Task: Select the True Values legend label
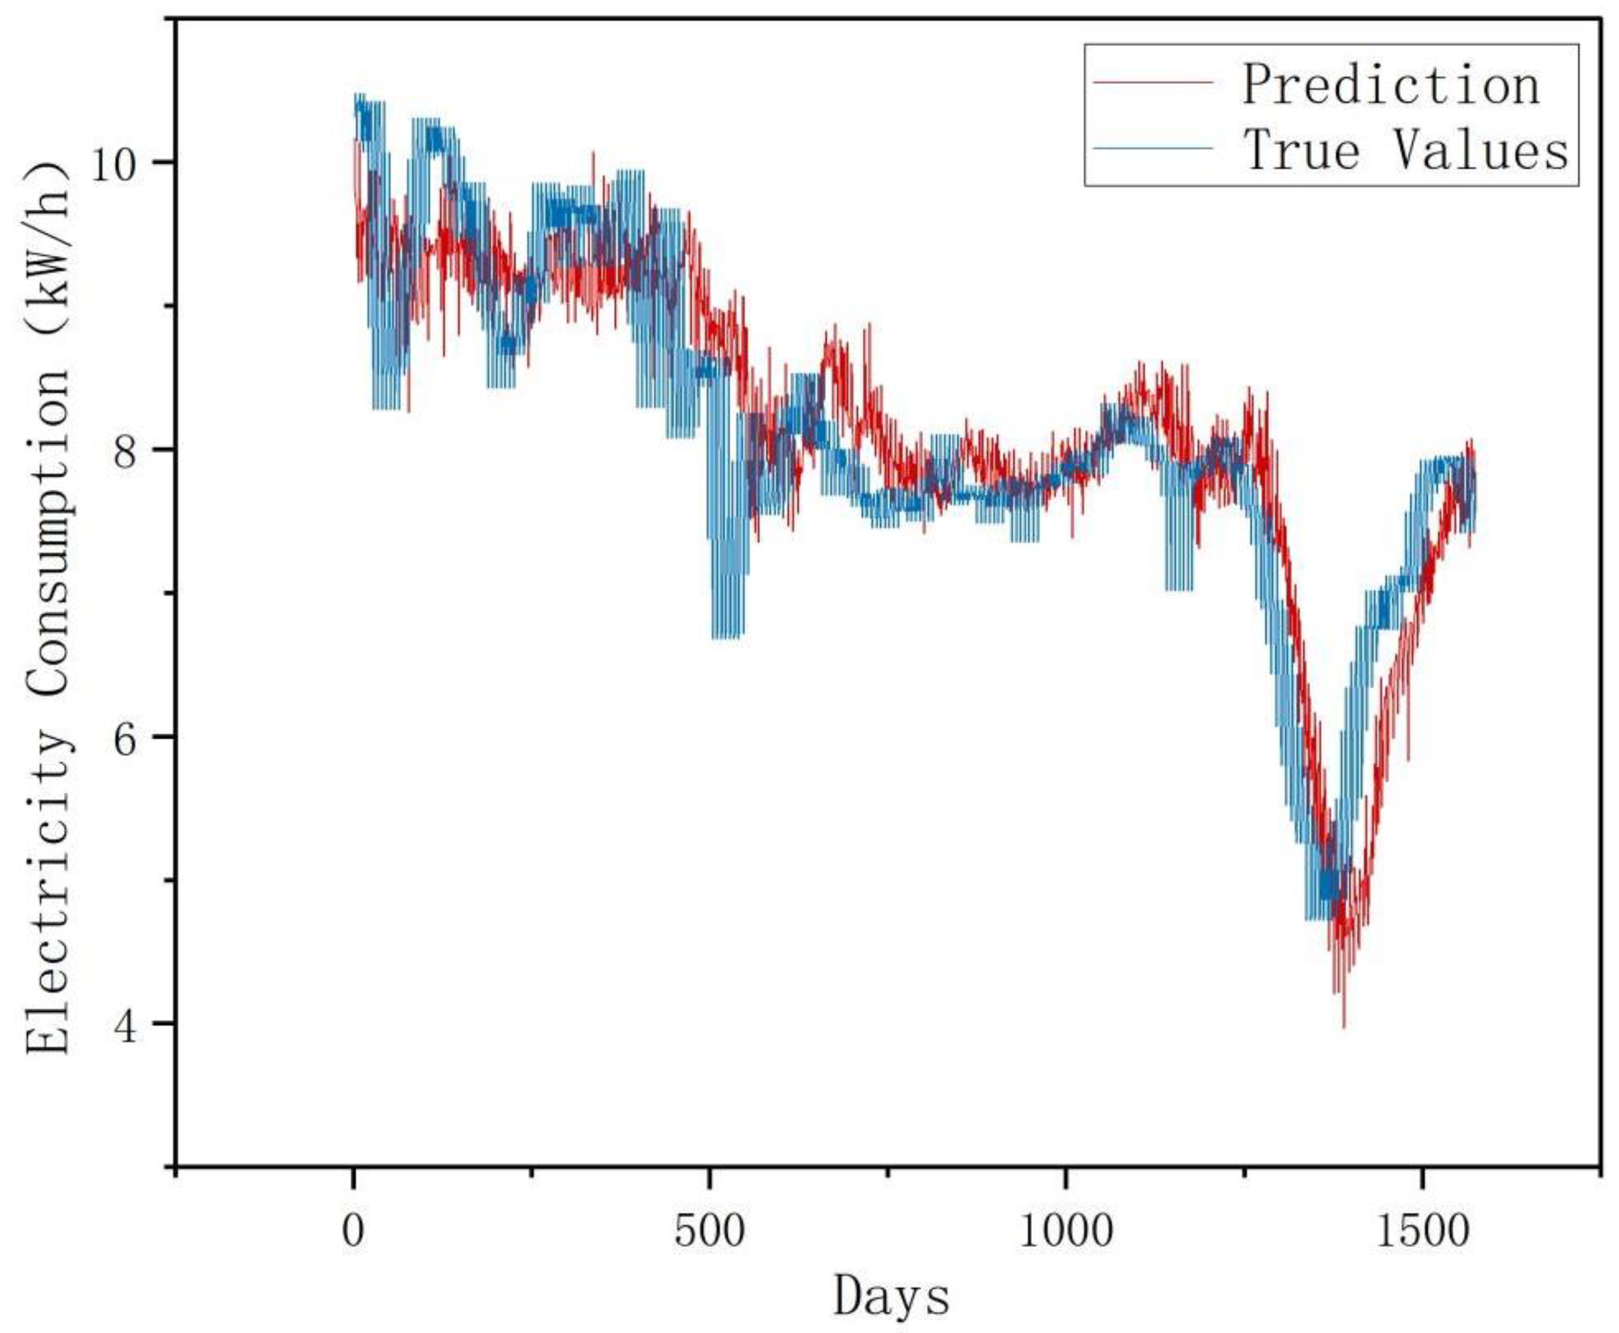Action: pos(1405,150)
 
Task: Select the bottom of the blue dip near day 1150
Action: pos(1178,589)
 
